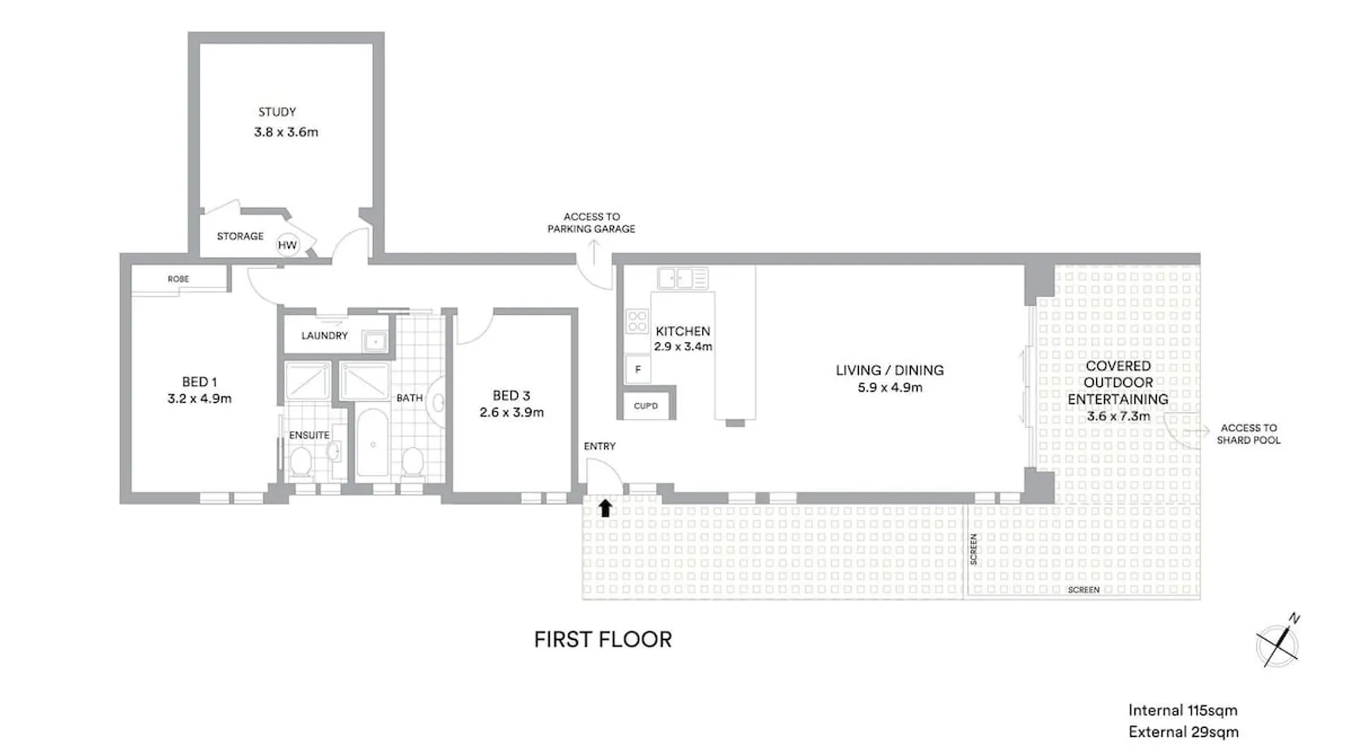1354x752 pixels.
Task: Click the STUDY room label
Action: [x=277, y=112]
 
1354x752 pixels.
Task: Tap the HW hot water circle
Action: [x=287, y=244]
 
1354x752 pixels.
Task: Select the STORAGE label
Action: [x=240, y=236]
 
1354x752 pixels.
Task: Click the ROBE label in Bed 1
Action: [x=178, y=279]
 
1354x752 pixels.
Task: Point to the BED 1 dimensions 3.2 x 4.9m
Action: [x=199, y=399]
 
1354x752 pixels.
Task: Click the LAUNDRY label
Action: [x=324, y=335]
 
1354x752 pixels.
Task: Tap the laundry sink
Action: [x=375, y=342]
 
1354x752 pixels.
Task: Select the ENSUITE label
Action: [x=309, y=435]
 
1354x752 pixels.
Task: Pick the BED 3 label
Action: [x=512, y=396]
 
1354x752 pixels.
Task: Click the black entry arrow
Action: [x=605, y=508]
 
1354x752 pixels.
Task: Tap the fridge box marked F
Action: [x=638, y=369]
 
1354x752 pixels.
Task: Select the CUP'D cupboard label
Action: [x=645, y=406]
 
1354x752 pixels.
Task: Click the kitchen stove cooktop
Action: [x=637, y=322]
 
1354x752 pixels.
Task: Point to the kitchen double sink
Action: [x=682, y=278]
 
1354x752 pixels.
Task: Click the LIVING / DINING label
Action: [x=889, y=370]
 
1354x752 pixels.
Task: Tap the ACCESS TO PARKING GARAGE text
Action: [x=591, y=223]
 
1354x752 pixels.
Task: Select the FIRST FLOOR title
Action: [x=603, y=639]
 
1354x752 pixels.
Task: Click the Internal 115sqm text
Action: [x=1182, y=711]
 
